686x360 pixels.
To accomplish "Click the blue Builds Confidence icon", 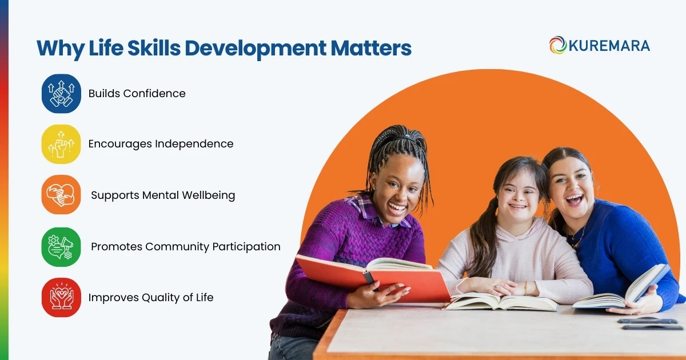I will point(61,94).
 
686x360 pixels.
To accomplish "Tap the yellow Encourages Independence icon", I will point(61,144).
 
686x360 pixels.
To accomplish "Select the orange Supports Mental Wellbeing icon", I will point(61,195).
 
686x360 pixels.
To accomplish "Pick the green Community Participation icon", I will point(61,247).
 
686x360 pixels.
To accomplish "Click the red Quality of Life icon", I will point(61,297).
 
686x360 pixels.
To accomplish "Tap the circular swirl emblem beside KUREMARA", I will point(558,45).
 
